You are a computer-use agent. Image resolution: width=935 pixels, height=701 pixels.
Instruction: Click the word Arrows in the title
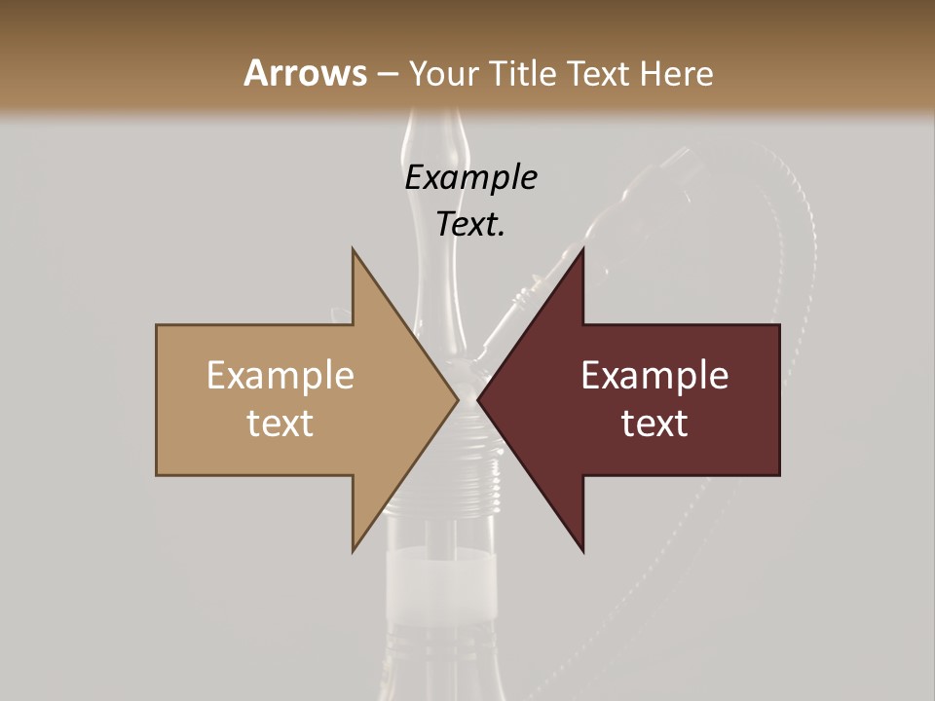[x=304, y=73]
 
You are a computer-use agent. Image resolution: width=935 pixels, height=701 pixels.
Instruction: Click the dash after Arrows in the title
[x=387, y=74]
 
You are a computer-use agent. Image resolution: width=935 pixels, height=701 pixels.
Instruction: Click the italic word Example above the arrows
[x=470, y=178]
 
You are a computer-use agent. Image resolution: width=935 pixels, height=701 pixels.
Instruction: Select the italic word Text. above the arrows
[x=470, y=224]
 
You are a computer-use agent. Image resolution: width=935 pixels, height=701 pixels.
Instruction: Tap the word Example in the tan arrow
[x=280, y=376]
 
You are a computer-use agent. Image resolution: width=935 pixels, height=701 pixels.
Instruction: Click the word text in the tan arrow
[x=280, y=424]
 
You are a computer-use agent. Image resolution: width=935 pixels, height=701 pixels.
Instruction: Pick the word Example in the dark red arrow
[x=654, y=376]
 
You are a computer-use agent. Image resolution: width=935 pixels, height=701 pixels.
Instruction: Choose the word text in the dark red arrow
[x=654, y=424]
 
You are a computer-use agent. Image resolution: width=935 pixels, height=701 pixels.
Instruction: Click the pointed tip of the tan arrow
[x=457, y=400]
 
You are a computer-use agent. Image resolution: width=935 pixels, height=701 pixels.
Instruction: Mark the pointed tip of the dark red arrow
[x=478, y=400]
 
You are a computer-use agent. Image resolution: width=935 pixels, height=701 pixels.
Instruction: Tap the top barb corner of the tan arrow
[x=354, y=250]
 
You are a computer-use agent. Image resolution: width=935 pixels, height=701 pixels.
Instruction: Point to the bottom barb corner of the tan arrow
[x=354, y=550]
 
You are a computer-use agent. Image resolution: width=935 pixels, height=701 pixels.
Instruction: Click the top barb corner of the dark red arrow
[x=582, y=250]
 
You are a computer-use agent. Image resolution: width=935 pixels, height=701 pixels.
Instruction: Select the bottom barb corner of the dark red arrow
[x=582, y=550]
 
